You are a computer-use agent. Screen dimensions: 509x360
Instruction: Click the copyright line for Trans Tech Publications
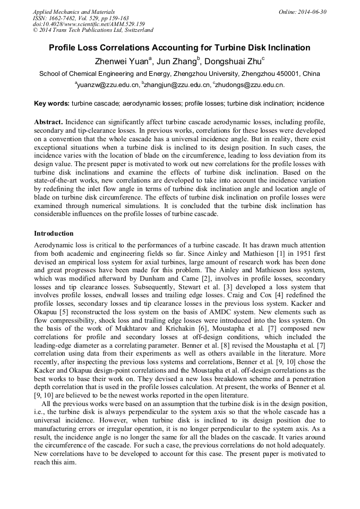(93, 30)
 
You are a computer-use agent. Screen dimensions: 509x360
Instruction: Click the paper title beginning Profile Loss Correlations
(179, 48)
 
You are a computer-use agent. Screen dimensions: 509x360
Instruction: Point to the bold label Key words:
(52, 103)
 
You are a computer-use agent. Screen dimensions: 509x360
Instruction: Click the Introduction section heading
(54, 233)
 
